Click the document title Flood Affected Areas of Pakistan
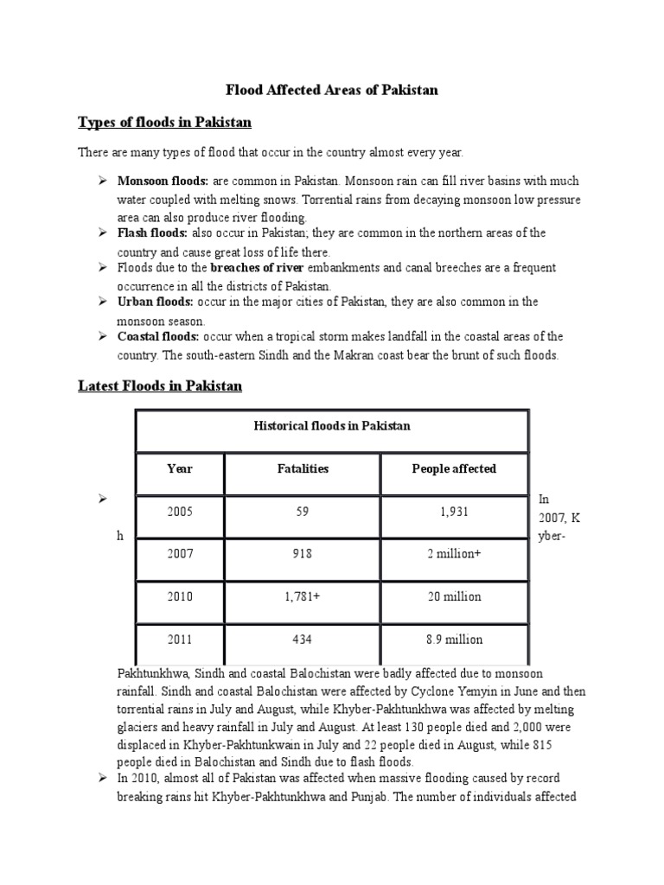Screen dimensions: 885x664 pos(332,90)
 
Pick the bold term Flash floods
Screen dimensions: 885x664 pos(152,233)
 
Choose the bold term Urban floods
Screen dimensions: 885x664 pos(155,302)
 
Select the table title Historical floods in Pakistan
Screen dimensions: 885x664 pos(331,426)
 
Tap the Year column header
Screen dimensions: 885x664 pos(180,469)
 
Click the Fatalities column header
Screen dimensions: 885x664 pos(302,469)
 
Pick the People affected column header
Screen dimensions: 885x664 pos(454,469)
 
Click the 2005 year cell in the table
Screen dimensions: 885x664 pos(181,512)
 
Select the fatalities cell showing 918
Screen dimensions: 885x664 pos(302,554)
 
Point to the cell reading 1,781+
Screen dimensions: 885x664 pos(302,597)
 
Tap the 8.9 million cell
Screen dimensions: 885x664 pos(454,640)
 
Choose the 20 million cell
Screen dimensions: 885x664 pos(454,597)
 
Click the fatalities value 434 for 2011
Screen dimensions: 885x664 pos(302,640)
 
